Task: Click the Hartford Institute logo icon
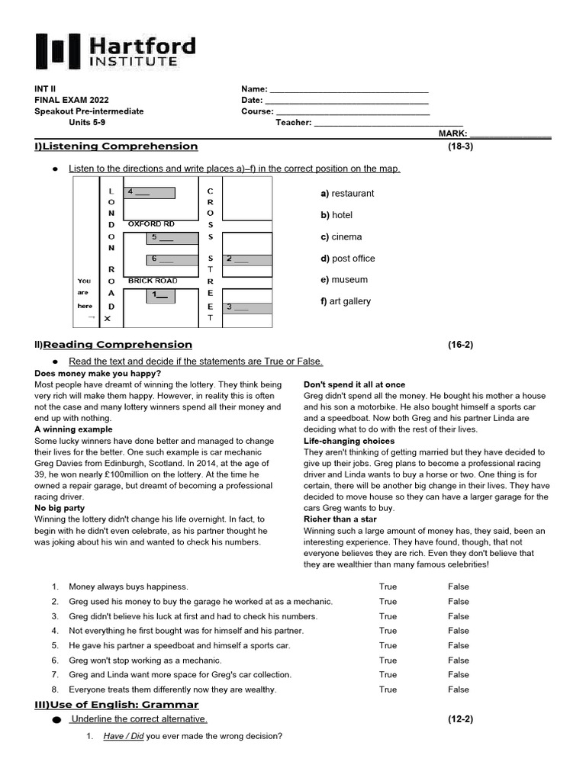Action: pos(58,52)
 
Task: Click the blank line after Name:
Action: pos(349,89)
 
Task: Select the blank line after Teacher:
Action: pos(388,122)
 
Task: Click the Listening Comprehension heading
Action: pos(116,146)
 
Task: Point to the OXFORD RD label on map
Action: pos(151,224)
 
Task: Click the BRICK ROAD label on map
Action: pos(153,281)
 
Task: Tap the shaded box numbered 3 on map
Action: pos(247,307)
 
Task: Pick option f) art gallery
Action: pos(346,301)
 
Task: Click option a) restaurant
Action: pos(347,194)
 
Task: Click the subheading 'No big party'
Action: pos(60,508)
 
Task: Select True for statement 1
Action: pos(388,587)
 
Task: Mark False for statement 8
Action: pos(459,689)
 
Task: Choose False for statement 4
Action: pos(459,631)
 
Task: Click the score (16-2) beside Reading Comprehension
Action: pos(460,345)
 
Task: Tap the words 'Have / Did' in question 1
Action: pos(123,737)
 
